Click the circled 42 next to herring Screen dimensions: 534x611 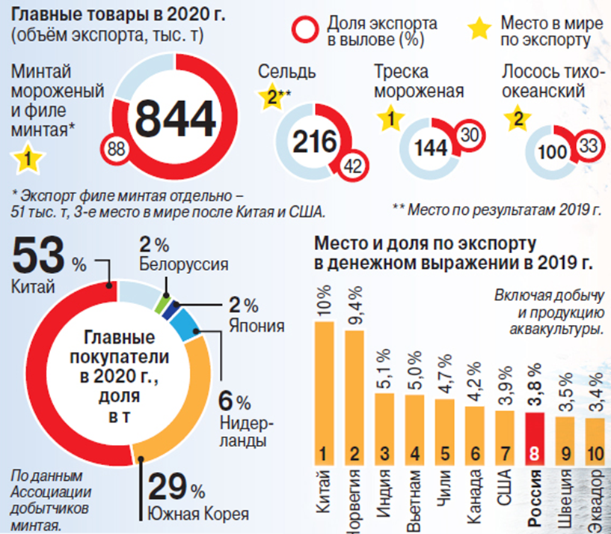(x=352, y=167)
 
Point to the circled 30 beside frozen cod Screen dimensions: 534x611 (x=468, y=134)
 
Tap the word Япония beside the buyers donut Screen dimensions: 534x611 (x=254, y=326)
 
